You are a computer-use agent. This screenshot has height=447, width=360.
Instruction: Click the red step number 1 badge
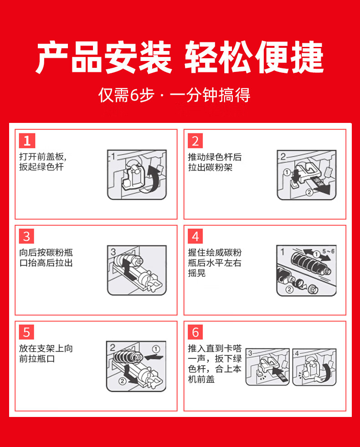pos(27,141)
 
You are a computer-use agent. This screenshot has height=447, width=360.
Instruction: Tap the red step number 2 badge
pos(195,141)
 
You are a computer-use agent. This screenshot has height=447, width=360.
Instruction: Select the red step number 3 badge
pos(26,236)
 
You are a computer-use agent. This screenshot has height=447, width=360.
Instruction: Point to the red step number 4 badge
pos(195,236)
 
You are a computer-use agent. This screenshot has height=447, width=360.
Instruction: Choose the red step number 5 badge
pos(26,332)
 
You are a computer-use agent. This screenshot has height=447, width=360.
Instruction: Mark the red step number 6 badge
pos(195,332)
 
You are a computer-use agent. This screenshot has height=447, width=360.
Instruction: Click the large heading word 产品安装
pos(104,57)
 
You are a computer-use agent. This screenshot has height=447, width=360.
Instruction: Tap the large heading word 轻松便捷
pos(254,57)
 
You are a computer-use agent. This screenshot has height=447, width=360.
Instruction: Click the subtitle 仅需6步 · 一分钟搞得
pos(174,95)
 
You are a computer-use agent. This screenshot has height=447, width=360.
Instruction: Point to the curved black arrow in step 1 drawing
pos(154,178)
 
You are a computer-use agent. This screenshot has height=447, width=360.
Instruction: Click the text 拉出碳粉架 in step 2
pos(210,167)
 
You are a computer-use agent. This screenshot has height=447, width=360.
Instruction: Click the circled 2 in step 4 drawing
pos(289,290)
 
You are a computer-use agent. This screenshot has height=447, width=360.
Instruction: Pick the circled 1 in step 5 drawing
pos(156,349)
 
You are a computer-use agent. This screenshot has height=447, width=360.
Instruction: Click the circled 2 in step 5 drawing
pos(122,381)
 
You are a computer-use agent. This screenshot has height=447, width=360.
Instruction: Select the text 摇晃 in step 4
pos(197,273)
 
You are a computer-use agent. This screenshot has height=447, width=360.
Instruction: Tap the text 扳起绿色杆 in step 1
pos(41,167)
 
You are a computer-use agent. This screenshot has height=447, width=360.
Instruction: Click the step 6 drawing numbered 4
pos(314,367)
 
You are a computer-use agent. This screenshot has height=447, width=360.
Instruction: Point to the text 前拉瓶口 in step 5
pos(37,359)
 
